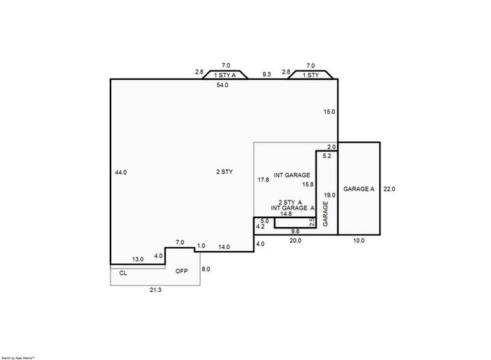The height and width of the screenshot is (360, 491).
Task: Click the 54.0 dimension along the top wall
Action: coord(222,85)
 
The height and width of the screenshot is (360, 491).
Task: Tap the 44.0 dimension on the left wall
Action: coord(121,172)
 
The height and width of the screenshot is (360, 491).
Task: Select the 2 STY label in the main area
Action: coord(224,172)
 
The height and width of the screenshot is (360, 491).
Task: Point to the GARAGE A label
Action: coord(359,189)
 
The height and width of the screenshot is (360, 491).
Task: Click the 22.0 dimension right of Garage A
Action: coord(389,189)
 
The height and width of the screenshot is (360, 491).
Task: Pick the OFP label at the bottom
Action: coord(181,271)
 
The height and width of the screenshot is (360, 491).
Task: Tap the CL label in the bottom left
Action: coord(123,272)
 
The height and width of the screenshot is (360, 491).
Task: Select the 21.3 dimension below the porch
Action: coord(155,290)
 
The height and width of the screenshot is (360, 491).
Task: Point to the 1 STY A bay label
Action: coord(225,75)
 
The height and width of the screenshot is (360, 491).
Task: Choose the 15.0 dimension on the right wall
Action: coord(330,111)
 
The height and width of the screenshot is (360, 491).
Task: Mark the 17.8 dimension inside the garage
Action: coord(263,180)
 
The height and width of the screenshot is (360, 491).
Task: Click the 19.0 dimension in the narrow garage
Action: coord(330,194)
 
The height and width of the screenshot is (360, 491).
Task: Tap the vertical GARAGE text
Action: coord(326,214)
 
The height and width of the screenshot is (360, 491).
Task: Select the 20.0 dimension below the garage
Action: coord(295,241)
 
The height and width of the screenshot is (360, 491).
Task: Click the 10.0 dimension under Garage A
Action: coord(359,241)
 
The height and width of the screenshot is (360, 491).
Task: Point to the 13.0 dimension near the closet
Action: coord(138,259)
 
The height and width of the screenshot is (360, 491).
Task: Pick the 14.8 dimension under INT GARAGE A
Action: coord(286,213)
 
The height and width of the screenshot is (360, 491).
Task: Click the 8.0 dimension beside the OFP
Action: coord(205,270)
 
